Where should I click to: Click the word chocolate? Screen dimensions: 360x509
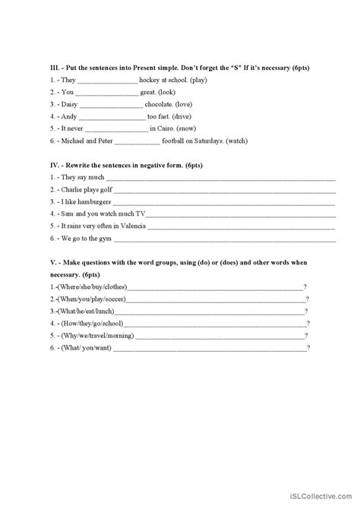(x=163, y=105)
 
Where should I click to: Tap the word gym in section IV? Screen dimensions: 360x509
(x=102, y=239)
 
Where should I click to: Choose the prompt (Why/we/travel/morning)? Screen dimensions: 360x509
(x=90, y=336)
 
